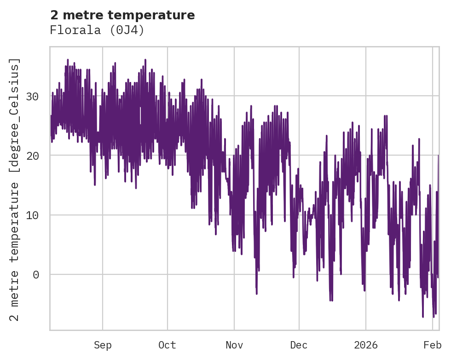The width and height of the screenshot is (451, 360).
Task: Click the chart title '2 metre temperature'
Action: coord(122,15)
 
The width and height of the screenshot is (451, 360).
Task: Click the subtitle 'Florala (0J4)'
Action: coord(97,30)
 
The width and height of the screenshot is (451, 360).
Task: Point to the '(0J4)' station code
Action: coord(130,30)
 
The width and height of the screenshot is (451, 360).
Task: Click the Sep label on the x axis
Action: coord(103,345)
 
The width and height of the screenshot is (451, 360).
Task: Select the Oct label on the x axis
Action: coord(168,345)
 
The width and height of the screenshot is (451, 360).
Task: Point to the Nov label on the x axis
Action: coord(234,345)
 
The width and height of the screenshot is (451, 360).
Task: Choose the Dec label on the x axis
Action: coord(299,345)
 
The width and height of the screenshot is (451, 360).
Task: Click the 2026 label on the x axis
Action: coord(366,345)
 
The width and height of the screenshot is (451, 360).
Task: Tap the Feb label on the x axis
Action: coord(433,345)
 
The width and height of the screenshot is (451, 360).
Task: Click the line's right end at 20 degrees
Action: coord(438,156)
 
